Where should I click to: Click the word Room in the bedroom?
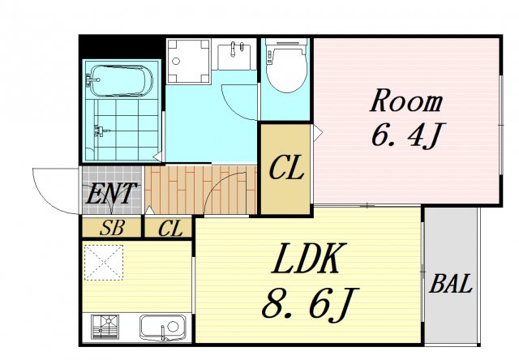point(406,101)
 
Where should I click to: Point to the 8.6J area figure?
point(310,303)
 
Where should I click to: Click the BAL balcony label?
point(451,284)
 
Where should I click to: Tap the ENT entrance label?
point(111,194)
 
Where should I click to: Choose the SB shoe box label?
point(112,228)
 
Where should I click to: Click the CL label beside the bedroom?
point(286,169)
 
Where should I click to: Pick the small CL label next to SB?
point(170,229)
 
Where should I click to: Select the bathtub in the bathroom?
point(122,81)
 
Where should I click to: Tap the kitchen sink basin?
point(162,327)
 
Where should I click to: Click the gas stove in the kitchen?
point(105,327)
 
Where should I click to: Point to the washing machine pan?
point(189,61)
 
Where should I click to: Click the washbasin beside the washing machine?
point(234,56)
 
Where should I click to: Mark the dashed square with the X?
point(103,263)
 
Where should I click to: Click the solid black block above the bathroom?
point(122,47)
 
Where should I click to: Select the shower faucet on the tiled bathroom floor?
point(100,131)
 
